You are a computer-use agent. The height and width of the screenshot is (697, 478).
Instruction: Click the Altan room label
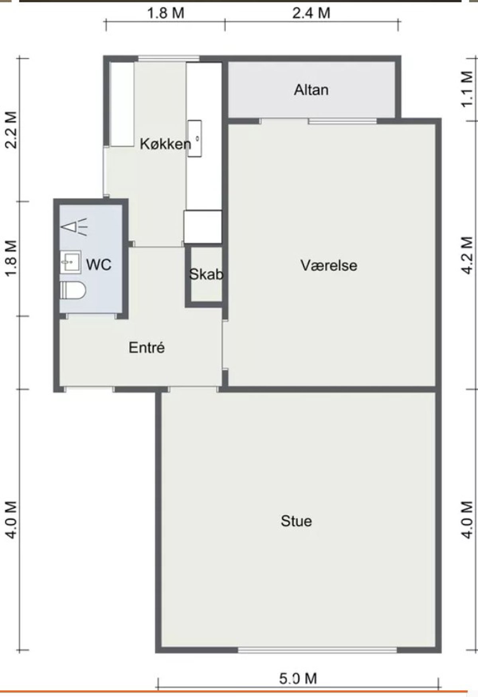311,90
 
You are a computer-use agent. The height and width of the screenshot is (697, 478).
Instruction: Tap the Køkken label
165,144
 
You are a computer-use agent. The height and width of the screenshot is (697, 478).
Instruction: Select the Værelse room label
329,265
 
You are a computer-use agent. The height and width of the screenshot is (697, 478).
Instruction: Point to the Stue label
296,521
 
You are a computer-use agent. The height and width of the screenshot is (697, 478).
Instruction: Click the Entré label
147,348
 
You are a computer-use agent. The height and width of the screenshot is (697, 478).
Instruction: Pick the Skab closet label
206,274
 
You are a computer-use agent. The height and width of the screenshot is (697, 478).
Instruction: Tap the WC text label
98,264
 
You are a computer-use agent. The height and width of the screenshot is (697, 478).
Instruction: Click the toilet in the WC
72,290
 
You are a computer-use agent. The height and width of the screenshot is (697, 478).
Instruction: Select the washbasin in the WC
71,262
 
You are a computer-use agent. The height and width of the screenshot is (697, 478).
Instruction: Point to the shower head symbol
74,227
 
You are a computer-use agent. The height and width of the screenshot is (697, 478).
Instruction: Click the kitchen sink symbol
195,138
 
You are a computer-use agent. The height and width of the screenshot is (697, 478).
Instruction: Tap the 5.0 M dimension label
298,678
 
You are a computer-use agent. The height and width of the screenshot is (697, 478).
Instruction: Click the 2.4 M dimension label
311,13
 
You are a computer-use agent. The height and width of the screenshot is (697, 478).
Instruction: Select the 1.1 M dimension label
467,89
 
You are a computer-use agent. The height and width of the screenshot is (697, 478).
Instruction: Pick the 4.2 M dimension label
467,255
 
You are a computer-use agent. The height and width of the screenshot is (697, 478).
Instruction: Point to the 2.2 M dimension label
11,130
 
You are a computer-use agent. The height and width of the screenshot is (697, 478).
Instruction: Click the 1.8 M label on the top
166,13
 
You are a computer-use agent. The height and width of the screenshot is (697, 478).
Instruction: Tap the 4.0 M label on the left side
11,520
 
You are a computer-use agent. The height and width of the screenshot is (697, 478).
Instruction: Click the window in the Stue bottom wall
317,650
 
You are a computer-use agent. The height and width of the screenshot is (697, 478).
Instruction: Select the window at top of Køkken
168,59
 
